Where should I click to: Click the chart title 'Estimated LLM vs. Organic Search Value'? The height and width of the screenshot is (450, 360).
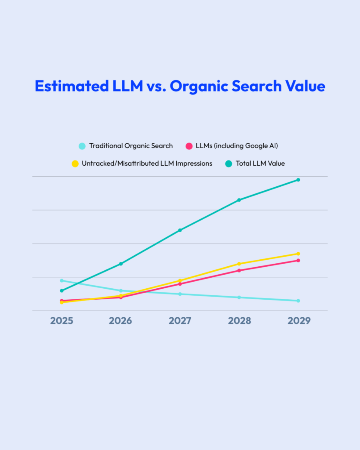coord(180,86)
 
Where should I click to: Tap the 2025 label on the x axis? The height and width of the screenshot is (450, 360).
coord(62,321)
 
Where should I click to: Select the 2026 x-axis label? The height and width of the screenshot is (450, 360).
coord(120,321)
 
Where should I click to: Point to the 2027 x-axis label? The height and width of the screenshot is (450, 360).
coord(180,321)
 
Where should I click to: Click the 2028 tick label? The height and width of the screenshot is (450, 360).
coord(239,321)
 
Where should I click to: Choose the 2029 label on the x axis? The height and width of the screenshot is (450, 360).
coord(298,321)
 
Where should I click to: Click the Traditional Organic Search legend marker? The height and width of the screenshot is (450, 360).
coord(82,146)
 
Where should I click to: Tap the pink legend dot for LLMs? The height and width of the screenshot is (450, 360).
coord(189,146)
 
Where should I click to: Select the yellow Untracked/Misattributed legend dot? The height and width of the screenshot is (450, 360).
coord(75,163)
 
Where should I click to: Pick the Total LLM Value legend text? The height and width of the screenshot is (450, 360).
coord(260,163)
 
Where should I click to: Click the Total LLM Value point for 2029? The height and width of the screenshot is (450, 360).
coord(298,180)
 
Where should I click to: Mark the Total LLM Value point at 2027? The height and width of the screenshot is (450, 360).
coord(180,230)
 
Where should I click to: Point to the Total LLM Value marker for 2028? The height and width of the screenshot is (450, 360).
coord(239,200)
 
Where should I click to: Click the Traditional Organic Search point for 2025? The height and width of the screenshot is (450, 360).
coord(62,280)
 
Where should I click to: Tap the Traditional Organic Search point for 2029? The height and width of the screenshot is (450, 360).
coord(298,301)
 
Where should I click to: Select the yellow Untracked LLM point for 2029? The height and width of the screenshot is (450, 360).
coord(298,254)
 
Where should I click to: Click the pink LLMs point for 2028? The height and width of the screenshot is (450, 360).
coord(239,270)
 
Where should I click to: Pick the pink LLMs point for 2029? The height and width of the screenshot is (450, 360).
coord(298,261)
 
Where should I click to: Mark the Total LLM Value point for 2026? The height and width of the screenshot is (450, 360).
coord(121,264)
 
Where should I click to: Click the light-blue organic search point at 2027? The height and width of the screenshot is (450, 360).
coord(180,294)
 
